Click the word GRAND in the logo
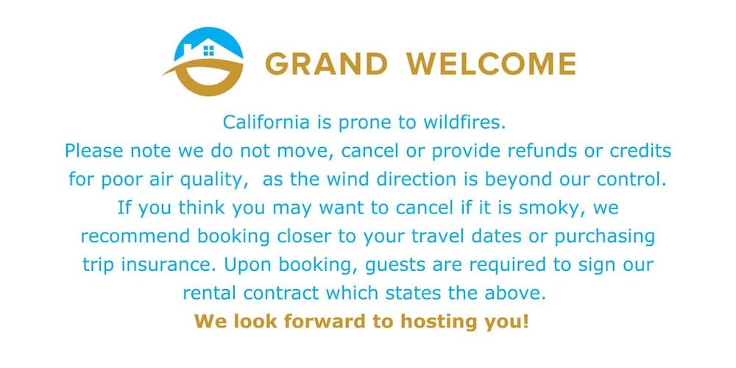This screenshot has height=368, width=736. (x=326, y=64)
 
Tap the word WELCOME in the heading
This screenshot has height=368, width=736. (x=492, y=64)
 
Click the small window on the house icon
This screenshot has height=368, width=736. (x=209, y=50)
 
